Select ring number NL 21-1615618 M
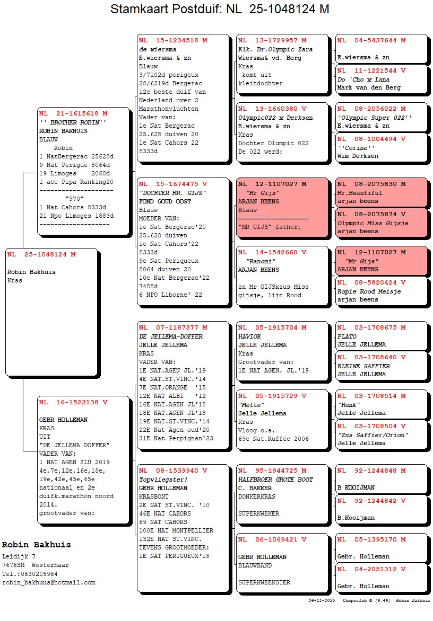coord(73,113)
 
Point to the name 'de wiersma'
coord(158,49)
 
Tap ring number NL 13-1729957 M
coord(272,40)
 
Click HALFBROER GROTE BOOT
coord(275,480)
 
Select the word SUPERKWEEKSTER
coord(264,582)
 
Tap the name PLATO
coord(347,336)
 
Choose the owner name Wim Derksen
coord(358,156)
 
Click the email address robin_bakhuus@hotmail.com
coord(49,582)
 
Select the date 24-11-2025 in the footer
coord(322,601)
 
